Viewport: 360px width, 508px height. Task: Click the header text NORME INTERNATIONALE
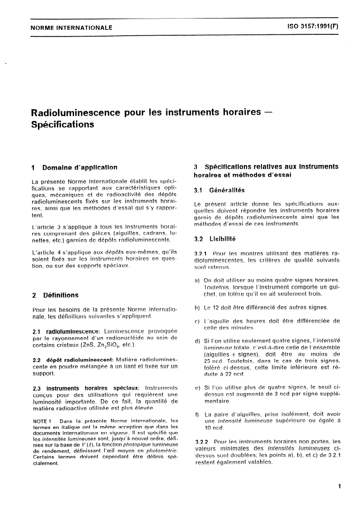tap(71, 28)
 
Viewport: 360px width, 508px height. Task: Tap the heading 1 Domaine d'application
tap(75, 167)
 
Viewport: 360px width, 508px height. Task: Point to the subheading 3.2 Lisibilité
tap(215, 238)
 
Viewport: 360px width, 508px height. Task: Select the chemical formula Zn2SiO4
tap(108, 346)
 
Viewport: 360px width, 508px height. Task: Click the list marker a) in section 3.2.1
tap(197, 280)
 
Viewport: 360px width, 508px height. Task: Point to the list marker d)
tap(197, 340)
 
